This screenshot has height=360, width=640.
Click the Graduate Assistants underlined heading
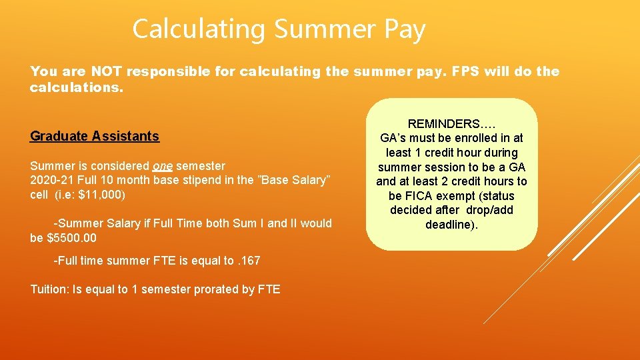point(95,136)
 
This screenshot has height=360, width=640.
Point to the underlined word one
point(163,165)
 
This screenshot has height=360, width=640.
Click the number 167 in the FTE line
point(250,261)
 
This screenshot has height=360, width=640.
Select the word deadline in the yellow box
point(449,225)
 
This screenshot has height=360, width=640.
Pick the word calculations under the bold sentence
point(75,87)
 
